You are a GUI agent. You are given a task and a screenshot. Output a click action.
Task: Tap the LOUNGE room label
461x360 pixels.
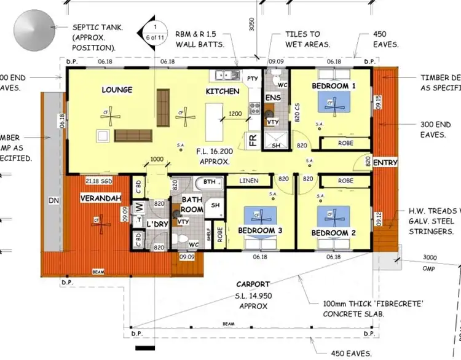coord(117,90)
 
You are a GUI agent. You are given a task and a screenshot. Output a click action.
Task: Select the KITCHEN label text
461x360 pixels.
coord(222,91)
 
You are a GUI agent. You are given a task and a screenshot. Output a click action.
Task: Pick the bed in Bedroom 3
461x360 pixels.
coord(260,216)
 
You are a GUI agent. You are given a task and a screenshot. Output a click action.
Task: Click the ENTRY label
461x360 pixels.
coord(385,163)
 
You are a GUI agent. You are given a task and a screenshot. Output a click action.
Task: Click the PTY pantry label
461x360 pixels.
coord(252,79)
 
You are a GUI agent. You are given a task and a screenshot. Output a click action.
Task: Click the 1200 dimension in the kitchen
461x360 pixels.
coord(235,114)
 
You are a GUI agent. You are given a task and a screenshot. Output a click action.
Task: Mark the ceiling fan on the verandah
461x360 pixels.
coord(97,220)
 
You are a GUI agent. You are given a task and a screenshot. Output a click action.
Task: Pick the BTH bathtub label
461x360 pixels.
coord(210,182)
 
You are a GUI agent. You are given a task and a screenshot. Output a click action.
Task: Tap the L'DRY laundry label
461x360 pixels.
coord(157,225)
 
